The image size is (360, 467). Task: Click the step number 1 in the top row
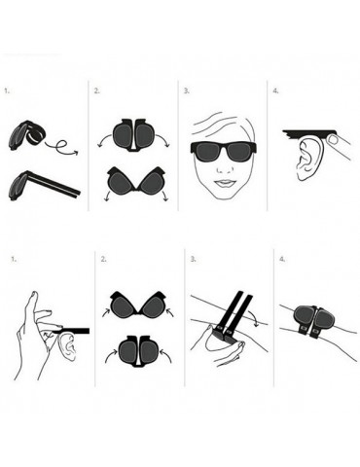pos(8,90)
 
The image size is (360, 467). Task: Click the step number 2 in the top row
pos(97,90)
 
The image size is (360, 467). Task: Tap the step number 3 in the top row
pos(186,90)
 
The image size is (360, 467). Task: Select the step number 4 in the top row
pos(276,90)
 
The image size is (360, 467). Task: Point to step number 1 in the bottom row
pos(13,260)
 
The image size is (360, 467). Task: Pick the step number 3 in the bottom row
pos(194,260)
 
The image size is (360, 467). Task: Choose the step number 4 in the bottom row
pos(283,260)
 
